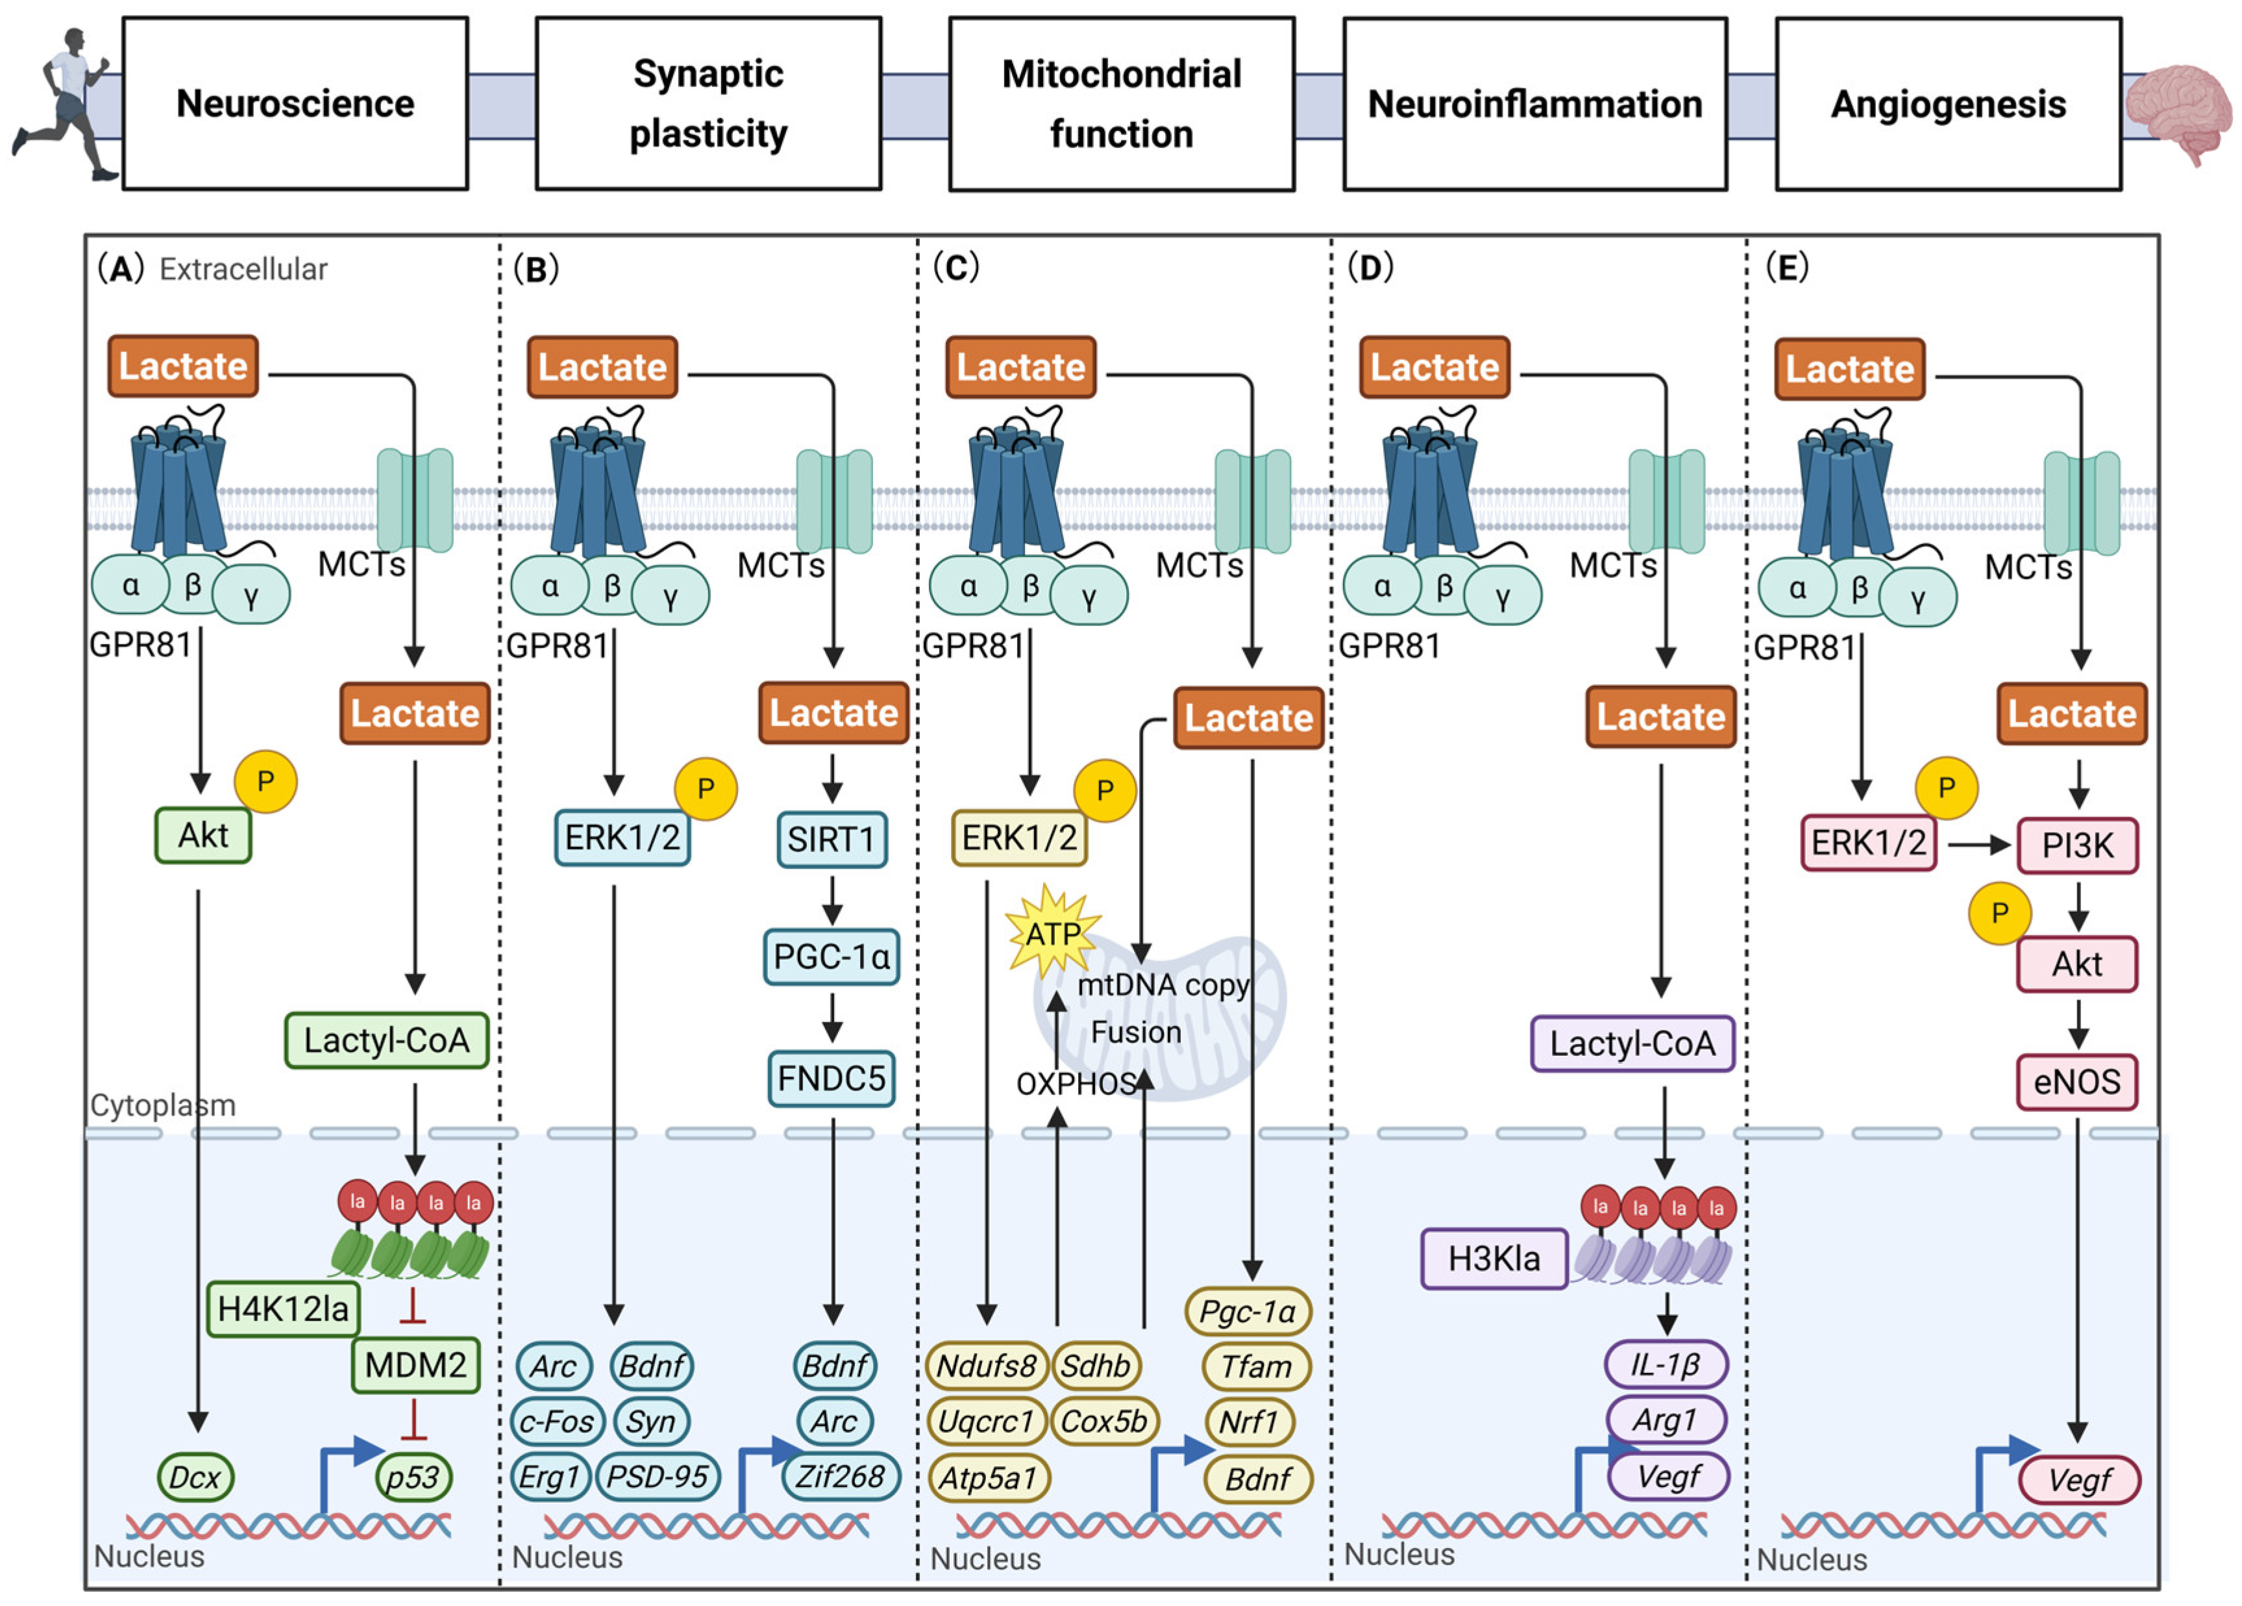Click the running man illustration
[x=64, y=104]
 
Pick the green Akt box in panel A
[x=203, y=836]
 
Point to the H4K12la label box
[x=283, y=1309]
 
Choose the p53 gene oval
[x=413, y=1477]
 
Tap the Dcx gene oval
[x=195, y=1477]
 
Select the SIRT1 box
[x=832, y=840]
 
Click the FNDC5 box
[x=832, y=1078]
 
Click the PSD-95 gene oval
[x=658, y=1477]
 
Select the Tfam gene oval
[x=1255, y=1366]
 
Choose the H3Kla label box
[x=1494, y=1259]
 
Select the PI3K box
[x=2077, y=846]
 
